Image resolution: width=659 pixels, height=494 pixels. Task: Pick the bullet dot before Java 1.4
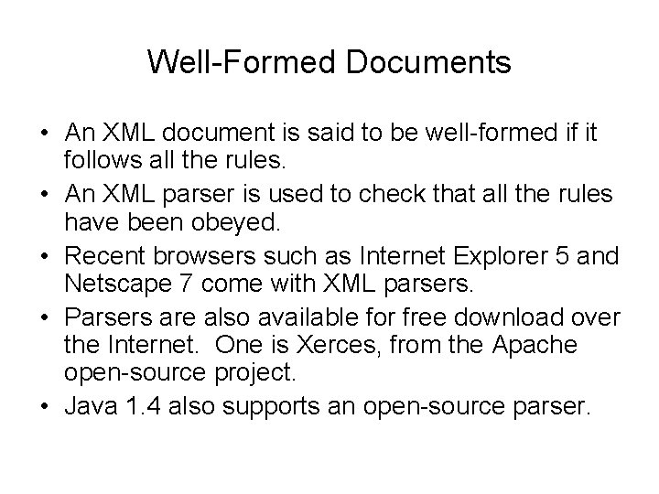click(x=44, y=404)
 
